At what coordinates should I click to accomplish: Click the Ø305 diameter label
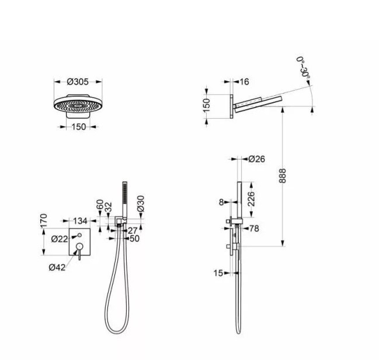point(78,82)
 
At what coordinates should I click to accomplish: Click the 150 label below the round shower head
point(79,127)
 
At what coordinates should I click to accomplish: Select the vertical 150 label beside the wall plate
point(207,105)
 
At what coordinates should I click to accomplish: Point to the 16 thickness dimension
point(244,82)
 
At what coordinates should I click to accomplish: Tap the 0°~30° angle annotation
point(303,68)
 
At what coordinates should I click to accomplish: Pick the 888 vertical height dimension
point(282,176)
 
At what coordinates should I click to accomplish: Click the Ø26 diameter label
point(257,159)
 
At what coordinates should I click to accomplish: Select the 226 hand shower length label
point(251,199)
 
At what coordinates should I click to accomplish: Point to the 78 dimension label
point(254,229)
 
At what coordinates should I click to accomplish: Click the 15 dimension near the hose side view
point(218,273)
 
